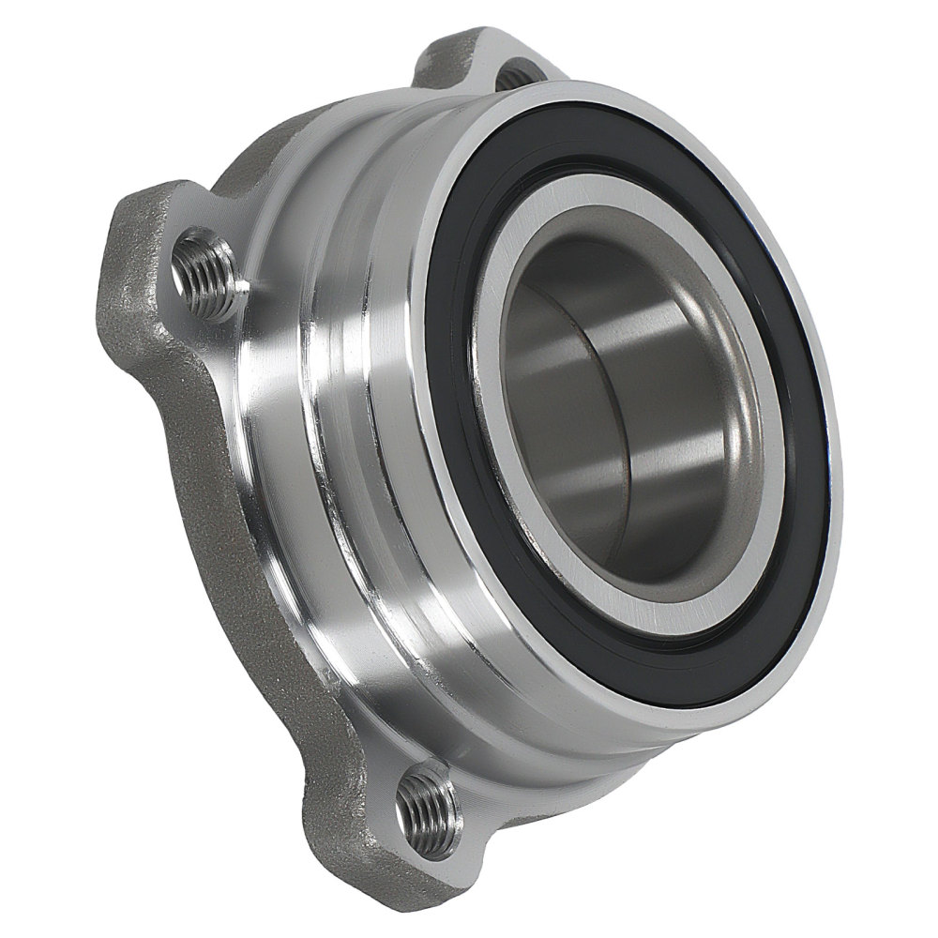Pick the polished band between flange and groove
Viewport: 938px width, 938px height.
pos(281,422)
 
